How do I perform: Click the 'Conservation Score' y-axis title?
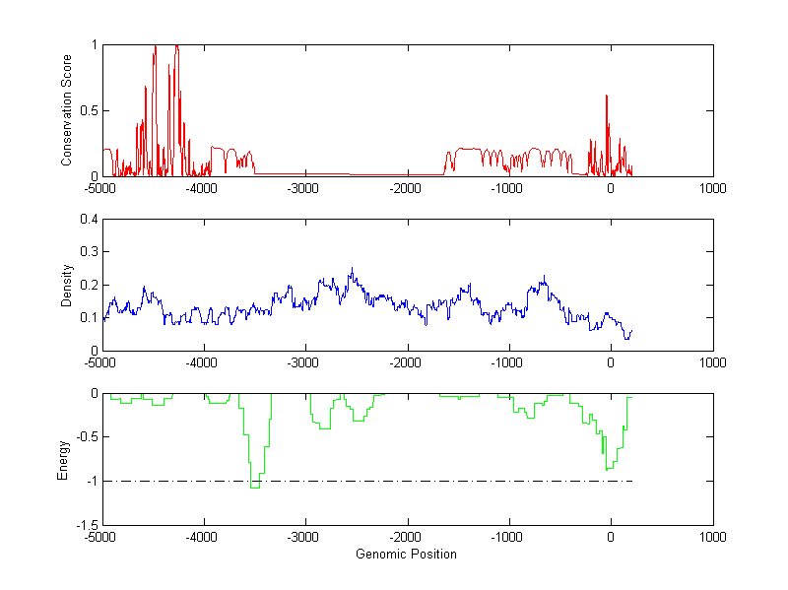(x=66, y=110)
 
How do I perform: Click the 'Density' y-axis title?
(x=66, y=285)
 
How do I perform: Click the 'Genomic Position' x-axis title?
(x=407, y=554)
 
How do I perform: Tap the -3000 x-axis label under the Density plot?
(x=304, y=362)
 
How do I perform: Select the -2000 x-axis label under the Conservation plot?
(x=406, y=188)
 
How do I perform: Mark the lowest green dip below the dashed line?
(x=254, y=487)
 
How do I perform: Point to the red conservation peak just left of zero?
(x=606, y=97)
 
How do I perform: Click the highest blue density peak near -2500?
(x=352, y=268)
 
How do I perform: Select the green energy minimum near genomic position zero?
(x=608, y=469)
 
